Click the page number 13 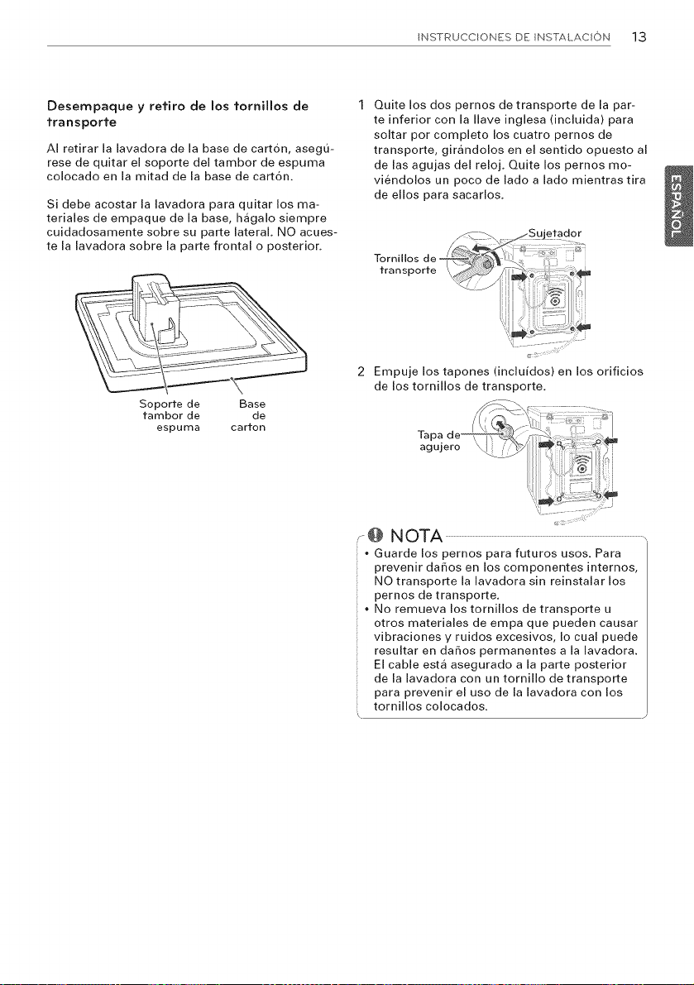(x=639, y=36)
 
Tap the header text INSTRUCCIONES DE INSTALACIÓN (x=513, y=37)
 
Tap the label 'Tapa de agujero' (x=439, y=441)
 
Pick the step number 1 (x=361, y=104)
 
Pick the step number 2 (x=361, y=371)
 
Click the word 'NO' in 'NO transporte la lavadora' (x=383, y=581)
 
